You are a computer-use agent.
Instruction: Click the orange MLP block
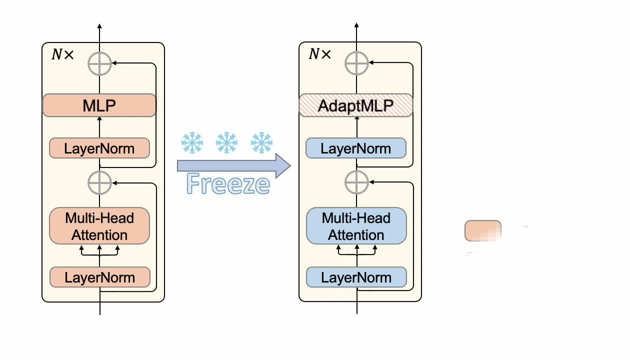pyautogui.click(x=99, y=105)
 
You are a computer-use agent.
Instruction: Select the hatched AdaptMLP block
pyautogui.click(x=356, y=105)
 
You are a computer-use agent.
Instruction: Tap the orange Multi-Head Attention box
pyautogui.click(x=99, y=226)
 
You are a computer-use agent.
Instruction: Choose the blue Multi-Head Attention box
pyautogui.click(x=356, y=226)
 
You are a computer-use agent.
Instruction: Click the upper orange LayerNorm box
pyautogui.click(x=99, y=148)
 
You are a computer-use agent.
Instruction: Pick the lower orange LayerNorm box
pyautogui.click(x=99, y=277)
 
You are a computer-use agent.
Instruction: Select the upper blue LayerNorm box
pyautogui.click(x=356, y=148)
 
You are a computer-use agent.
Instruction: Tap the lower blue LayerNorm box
pyautogui.click(x=356, y=277)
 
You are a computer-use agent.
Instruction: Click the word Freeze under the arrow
pyautogui.click(x=228, y=184)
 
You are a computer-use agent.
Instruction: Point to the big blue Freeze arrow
pyautogui.click(x=233, y=165)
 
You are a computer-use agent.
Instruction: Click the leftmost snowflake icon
pyautogui.click(x=191, y=143)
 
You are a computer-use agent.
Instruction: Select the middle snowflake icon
pyautogui.click(x=226, y=143)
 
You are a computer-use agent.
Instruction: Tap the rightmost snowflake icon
pyautogui.click(x=261, y=143)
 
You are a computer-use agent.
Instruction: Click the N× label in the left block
pyautogui.click(x=62, y=54)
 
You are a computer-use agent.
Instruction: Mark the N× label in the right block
pyautogui.click(x=319, y=54)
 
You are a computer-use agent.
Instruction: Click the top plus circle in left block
pyautogui.click(x=99, y=63)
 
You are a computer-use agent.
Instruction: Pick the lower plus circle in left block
pyautogui.click(x=99, y=182)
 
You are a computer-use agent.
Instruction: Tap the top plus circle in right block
pyautogui.click(x=356, y=63)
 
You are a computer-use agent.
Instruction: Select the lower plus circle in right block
pyautogui.click(x=356, y=182)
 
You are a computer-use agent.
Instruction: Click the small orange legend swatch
pyautogui.click(x=482, y=231)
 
